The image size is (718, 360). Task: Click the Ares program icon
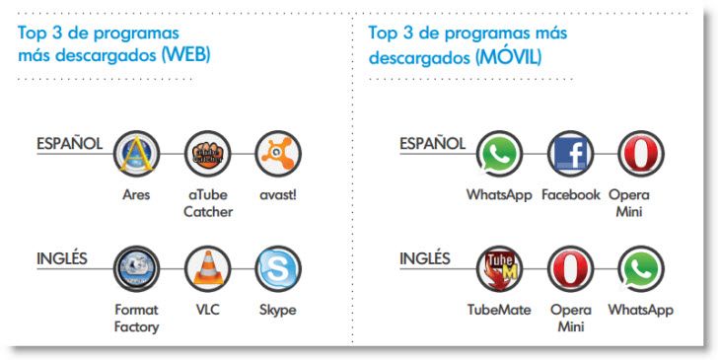tap(136, 154)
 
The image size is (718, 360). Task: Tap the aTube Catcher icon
tap(207, 154)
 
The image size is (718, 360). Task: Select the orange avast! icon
tap(278, 154)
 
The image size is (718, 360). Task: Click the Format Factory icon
tap(136, 269)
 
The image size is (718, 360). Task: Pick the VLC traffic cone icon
tap(207, 269)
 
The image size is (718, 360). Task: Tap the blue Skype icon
tap(278, 269)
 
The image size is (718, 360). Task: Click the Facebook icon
tap(570, 154)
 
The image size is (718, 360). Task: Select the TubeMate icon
tap(500, 269)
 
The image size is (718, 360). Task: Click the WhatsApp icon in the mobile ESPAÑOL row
tap(500, 154)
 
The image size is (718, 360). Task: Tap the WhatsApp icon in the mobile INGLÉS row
tap(641, 269)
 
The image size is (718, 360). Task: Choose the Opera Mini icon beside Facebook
tap(641, 154)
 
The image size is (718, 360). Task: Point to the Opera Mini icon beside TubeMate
tap(570, 269)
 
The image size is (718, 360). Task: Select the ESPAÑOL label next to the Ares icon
tap(69, 144)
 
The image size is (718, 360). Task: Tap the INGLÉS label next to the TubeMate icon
tap(425, 258)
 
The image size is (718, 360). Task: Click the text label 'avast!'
tap(278, 195)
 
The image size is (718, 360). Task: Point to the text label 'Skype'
tap(277, 311)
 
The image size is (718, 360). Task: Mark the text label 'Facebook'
tap(570, 194)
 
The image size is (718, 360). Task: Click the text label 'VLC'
tap(207, 310)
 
